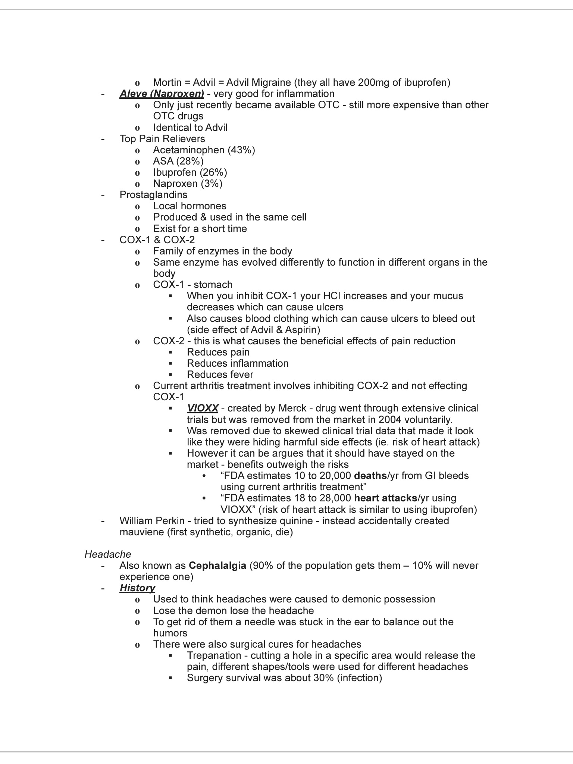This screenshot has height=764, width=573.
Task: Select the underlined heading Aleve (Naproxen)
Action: coord(162,94)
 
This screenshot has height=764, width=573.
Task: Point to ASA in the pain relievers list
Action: coord(163,161)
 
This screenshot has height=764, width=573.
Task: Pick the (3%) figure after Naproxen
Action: coord(212,184)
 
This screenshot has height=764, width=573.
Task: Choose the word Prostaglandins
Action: coord(153,195)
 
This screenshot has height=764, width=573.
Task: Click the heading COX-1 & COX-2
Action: coord(157,240)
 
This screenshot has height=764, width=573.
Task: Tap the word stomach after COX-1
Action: coord(213,285)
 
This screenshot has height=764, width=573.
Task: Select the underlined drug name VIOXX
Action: coord(203,408)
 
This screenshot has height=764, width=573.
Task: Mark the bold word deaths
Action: coord(370,476)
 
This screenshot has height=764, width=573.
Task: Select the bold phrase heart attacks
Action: coord(385,498)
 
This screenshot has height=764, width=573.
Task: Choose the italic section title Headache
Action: coord(108,554)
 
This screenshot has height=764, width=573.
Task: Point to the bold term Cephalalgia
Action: coord(217,566)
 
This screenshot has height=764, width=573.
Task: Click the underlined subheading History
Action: coord(137,588)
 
